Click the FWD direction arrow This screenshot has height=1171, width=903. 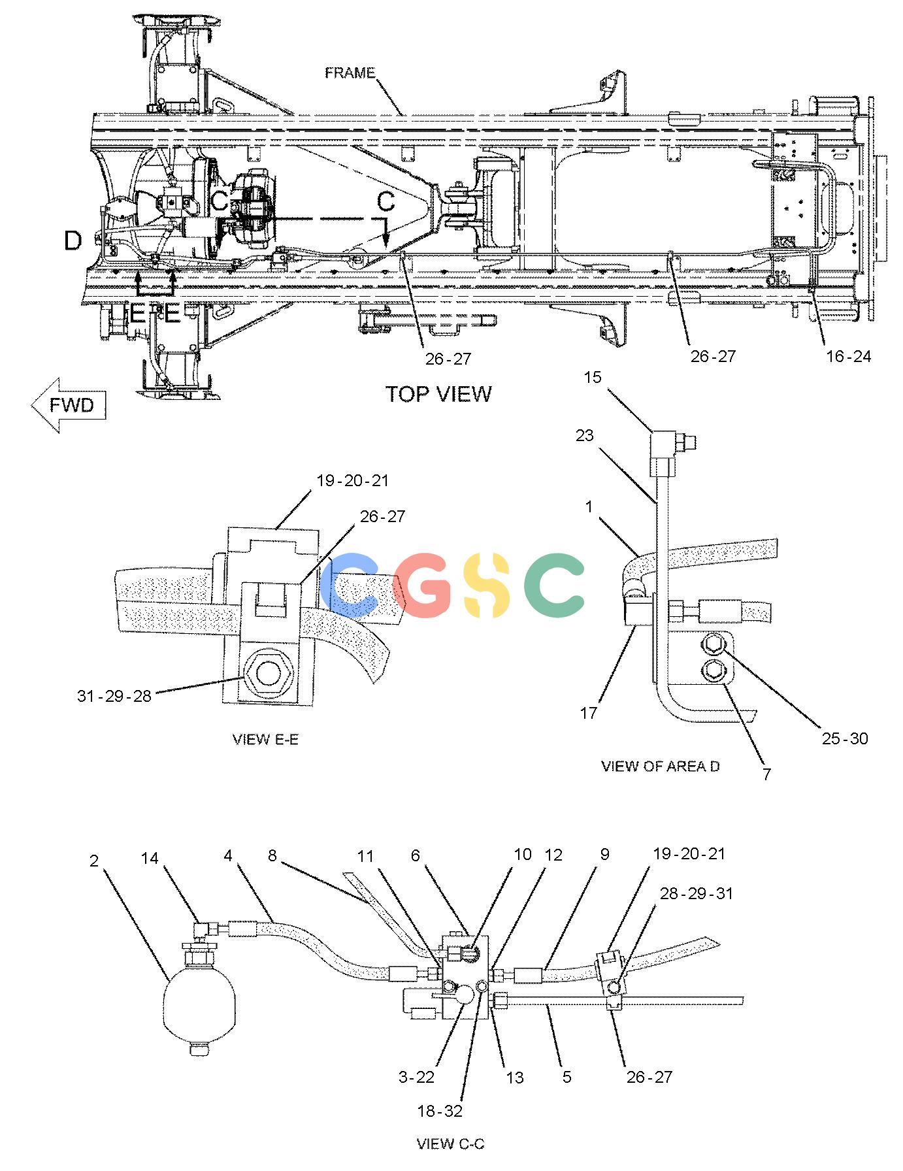(x=69, y=405)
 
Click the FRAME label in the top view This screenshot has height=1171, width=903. (x=350, y=73)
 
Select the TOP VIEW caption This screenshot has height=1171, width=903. (x=438, y=394)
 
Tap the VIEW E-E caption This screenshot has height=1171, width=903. (x=265, y=739)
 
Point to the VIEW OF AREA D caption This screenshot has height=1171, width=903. (x=660, y=766)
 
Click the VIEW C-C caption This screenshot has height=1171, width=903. (x=451, y=1144)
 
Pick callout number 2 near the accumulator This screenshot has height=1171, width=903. (x=94, y=861)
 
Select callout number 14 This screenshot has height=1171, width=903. (x=150, y=857)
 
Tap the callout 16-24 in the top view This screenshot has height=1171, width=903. (x=849, y=356)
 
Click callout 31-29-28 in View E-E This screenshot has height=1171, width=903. (x=114, y=696)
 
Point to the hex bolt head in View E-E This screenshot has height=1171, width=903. (x=267, y=674)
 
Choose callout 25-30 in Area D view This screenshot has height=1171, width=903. (x=845, y=738)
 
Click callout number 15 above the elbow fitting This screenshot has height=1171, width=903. (x=592, y=377)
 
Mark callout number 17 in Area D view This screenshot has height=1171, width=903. (x=589, y=712)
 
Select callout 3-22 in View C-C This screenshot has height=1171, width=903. (x=416, y=1077)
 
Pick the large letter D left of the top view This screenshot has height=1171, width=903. (x=73, y=241)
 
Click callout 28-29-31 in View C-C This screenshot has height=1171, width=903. (x=697, y=893)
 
